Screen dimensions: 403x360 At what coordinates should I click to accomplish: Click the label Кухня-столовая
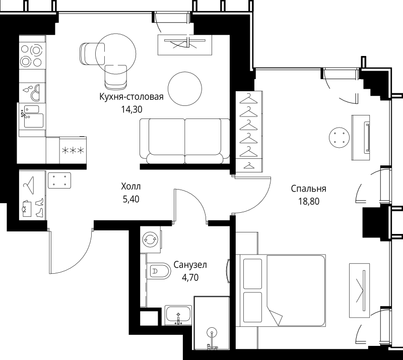point(131,97)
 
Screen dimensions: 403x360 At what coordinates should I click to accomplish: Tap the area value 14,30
point(131,109)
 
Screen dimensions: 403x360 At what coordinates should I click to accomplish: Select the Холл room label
point(131,187)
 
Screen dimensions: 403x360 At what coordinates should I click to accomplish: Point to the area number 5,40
point(131,199)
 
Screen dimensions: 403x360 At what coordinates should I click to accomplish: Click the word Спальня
point(308,189)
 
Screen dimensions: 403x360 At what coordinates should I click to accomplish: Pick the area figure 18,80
point(309,201)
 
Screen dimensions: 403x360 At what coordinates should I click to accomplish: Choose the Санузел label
point(190,265)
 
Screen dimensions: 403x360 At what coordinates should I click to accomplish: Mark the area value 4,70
point(190,277)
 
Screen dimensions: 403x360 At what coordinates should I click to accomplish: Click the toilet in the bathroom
point(159,271)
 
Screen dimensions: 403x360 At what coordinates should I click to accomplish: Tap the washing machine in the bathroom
point(151,239)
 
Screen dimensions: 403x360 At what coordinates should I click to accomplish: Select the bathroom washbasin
point(178,315)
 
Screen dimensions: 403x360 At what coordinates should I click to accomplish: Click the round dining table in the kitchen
point(185,89)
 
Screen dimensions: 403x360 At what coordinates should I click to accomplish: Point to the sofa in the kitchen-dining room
point(184,141)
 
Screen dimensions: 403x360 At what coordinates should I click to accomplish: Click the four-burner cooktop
point(31,55)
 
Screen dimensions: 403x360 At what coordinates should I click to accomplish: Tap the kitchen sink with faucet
point(32,116)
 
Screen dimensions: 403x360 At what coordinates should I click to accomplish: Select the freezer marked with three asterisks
point(73,150)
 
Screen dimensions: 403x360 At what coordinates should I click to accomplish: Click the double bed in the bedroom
point(281,291)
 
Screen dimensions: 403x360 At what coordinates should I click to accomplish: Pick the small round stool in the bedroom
point(339,138)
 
